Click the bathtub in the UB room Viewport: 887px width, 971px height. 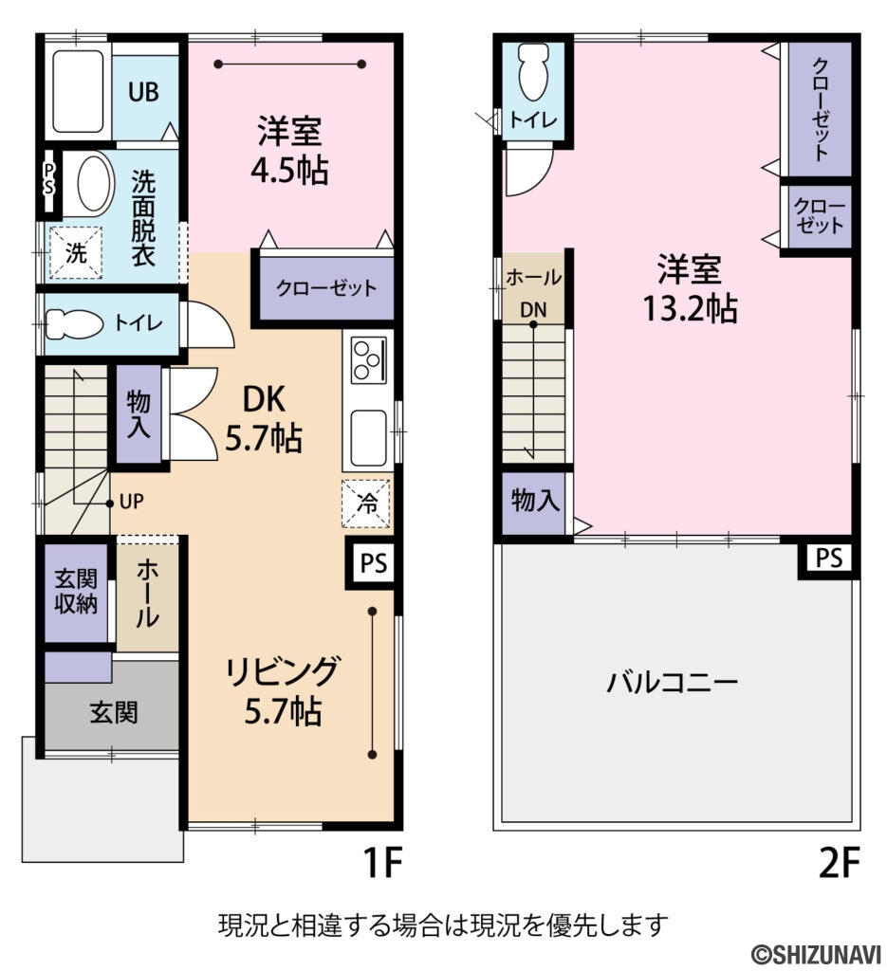pyautogui.click(x=78, y=92)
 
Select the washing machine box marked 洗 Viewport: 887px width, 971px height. pyautogui.click(x=76, y=252)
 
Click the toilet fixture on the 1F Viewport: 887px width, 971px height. pyautogui.click(x=74, y=323)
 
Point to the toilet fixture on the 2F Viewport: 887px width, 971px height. pyautogui.click(x=533, y=72)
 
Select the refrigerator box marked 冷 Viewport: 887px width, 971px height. pyautogui.click(x=367, y=504)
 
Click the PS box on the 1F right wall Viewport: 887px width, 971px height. pyautogui.click(x=374, y=563)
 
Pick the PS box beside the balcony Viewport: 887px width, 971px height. pyautogui.click(x=829, y=559)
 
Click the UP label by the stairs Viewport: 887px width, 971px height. pyautogui.click(x=131, y=501)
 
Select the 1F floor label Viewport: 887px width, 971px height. pyautogui.click(x=383, y=863)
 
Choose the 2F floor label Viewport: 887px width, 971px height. pyautogui.click(x=840, y=863)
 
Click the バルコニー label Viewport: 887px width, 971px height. pyautogui.click(x=672, y=683)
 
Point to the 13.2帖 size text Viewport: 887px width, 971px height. pyautogui.click(x=690, y=308)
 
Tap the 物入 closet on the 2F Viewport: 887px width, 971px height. pyautogui.click(x=534, y=503)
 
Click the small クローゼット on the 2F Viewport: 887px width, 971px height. pyautogui.click(x=818, y=217)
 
